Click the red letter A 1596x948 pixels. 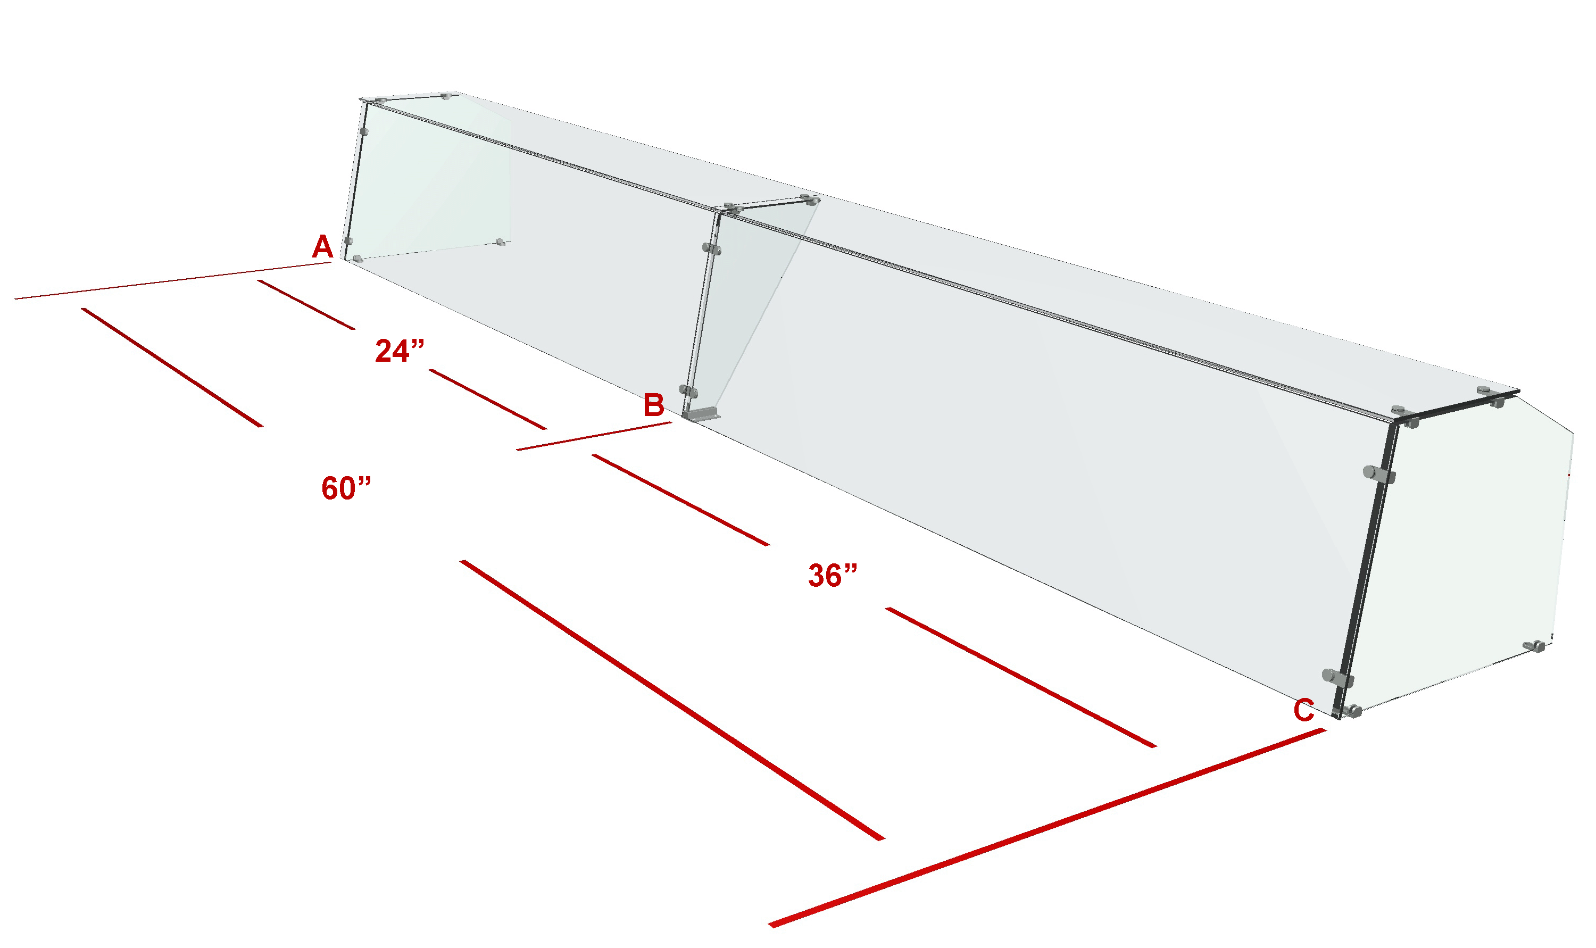(x=322, y=247)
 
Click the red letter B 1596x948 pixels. (x=653, y=405)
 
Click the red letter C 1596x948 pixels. (x=1303, y=710)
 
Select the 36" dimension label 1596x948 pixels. (x=833, y=575)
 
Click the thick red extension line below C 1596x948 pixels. (x=1048, y=827)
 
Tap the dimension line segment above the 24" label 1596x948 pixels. (x=306, y=305)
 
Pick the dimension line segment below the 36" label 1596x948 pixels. (x=1020, y=677)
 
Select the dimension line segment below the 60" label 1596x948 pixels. (x=672, y=700)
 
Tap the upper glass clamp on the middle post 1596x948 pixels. (x=711, y=248)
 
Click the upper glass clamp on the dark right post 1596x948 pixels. (x=1379, y=475)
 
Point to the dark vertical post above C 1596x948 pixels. (x=1366, y=569)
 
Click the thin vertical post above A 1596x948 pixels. (x=355, y=180)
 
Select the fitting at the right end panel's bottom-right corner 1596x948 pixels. (x=1535, y=646)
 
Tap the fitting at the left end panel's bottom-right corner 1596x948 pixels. (x=500, y=242)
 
